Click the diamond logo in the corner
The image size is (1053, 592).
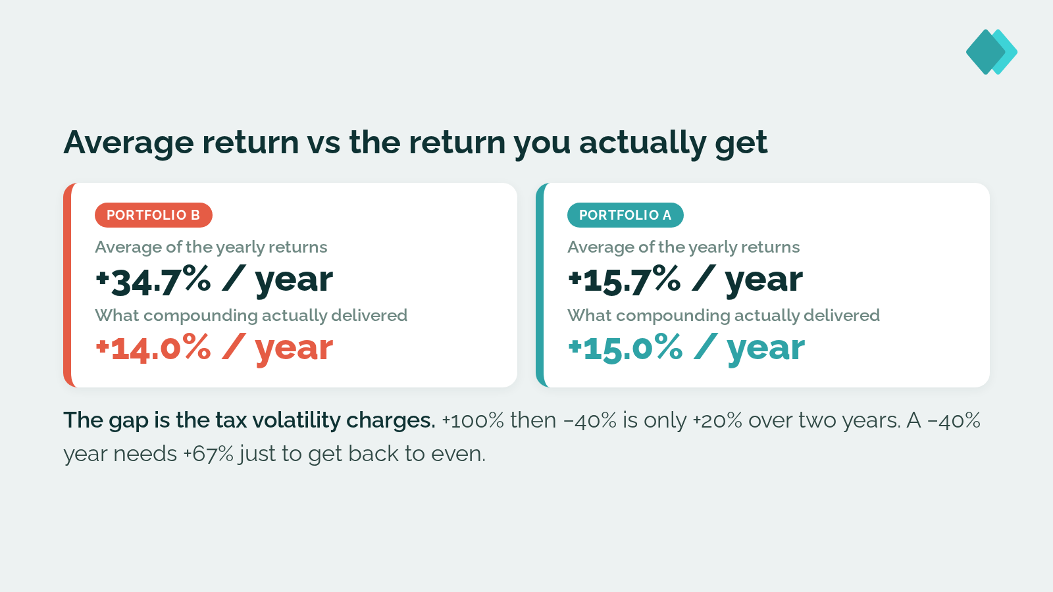click(x=991, y=52)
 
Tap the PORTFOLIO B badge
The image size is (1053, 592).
click(x=153, y=215)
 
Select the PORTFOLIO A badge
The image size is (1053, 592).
click(x=625, y=215)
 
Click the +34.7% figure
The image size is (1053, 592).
click(x=153, y=280)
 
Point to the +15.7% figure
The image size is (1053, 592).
click(x=625, y=280)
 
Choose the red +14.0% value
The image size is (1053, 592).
click(x=153, y=348)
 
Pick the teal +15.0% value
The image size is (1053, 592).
click(x=625, y=348)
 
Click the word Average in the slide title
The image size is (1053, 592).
click(x=128, y=143)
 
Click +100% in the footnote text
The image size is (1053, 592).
click(x=473, y=420)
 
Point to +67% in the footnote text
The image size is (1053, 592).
click(x=208, y=454)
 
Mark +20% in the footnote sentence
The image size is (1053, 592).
click(x=717, y=420)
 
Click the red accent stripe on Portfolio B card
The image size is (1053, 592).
click(x=68, y=285)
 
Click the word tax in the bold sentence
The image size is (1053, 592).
click(x=231, y=420)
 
